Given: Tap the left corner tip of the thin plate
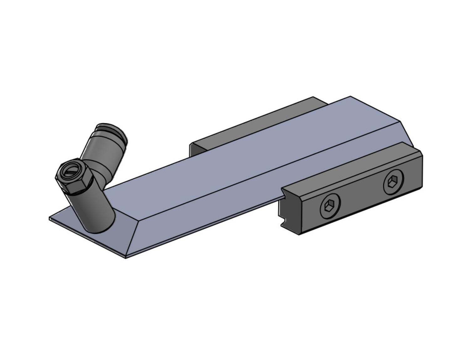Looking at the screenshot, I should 50,218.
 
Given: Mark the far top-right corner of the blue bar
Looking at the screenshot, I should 350,97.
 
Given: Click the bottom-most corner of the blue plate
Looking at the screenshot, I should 126,258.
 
